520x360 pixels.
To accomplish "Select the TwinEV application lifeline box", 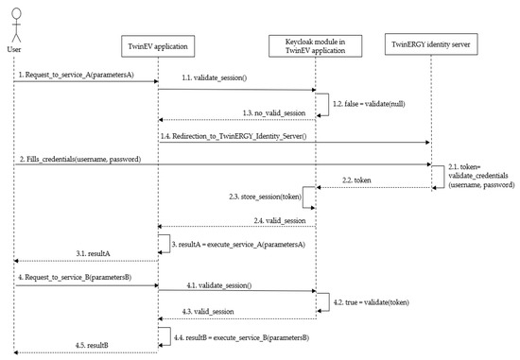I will (157, 46).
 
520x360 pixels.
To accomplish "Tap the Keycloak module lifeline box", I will (315, 46).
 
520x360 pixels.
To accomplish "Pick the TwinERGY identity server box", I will (431, 46).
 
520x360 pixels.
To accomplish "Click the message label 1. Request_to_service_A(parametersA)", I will (73, 75).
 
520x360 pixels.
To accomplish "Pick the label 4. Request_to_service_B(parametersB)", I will (73, 278).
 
